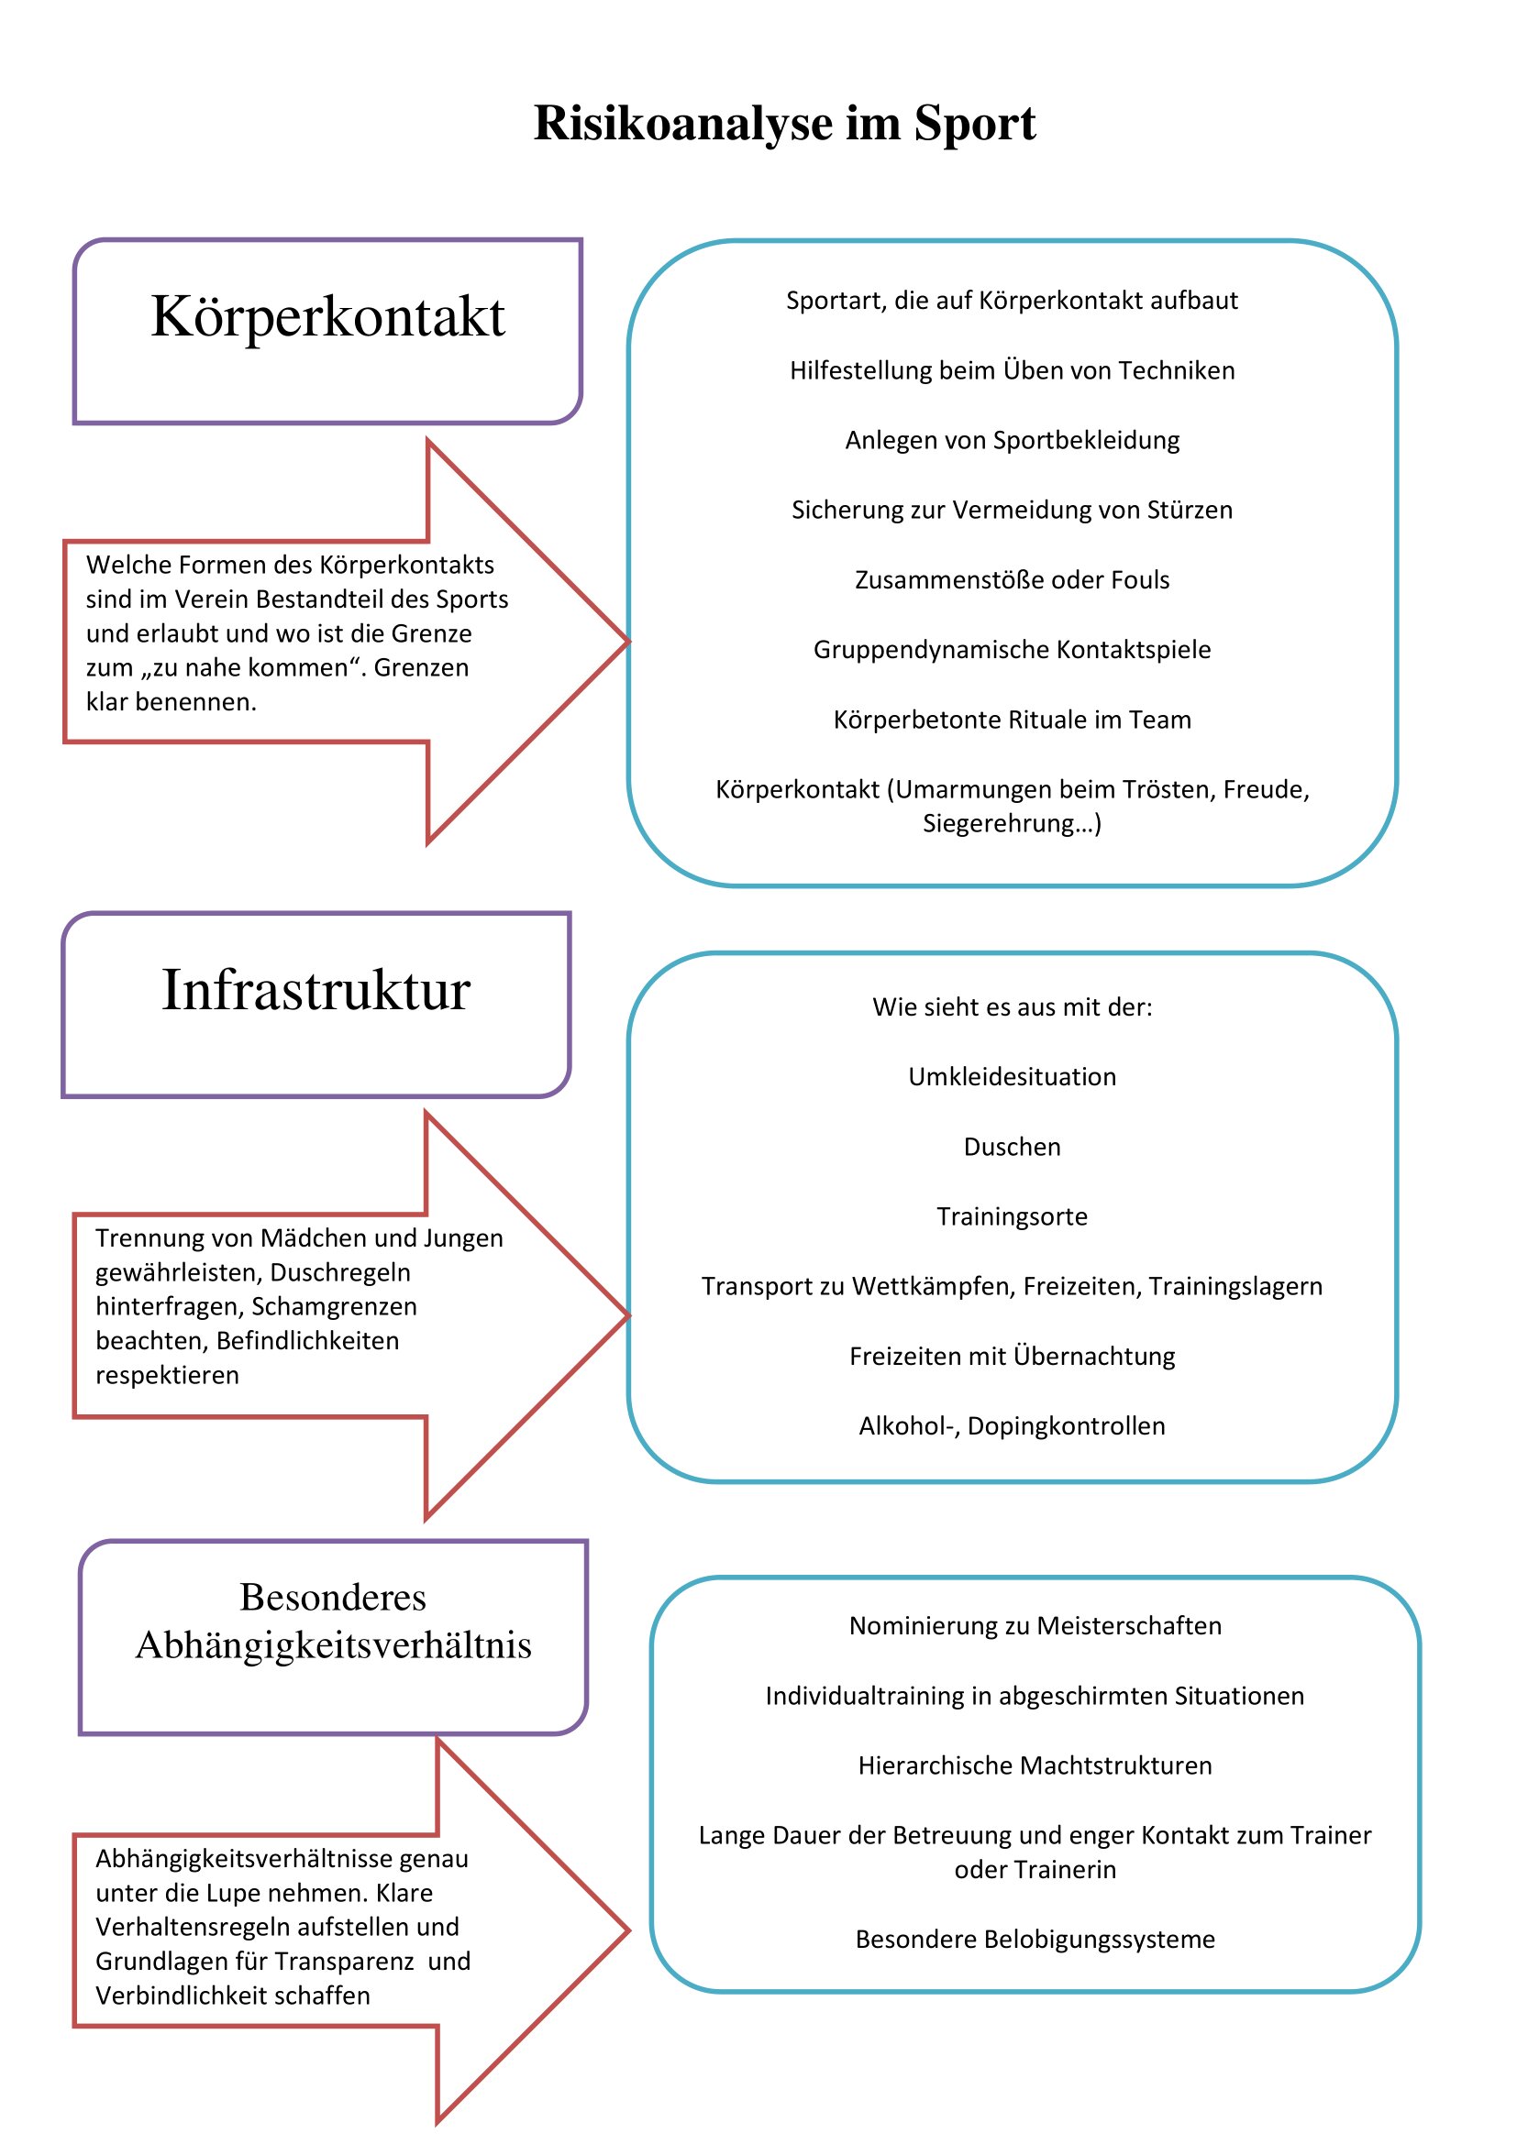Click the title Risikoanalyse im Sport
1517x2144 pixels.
(785, 123)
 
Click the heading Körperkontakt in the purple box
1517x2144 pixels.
(327, 317)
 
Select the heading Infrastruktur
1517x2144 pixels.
(316, 990)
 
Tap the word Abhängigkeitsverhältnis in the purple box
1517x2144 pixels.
(334, 1645)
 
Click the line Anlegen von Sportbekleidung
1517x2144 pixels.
(1013, 441)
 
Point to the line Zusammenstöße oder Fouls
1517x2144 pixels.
(1013, 580)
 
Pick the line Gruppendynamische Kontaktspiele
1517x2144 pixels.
(1013, 650)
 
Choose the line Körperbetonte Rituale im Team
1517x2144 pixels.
(1013, 720)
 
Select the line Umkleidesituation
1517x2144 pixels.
(1013, 1077)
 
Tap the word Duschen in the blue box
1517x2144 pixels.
(1013, 1147)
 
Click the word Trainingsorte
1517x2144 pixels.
(1013, 1216)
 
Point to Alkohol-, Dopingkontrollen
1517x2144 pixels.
(1013, 1426)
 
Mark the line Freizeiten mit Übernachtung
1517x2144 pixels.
(1013, 1356)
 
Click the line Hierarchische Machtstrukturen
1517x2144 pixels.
(1035, 1765)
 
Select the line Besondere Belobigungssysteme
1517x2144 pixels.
(1035, 1940)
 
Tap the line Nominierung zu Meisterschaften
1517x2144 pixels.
(1035, 1626)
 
